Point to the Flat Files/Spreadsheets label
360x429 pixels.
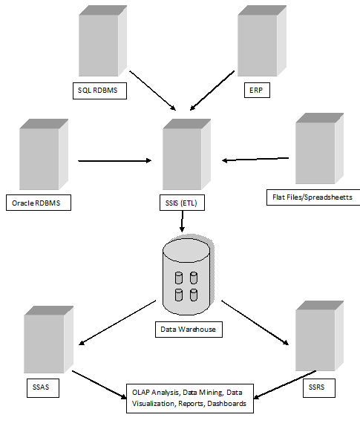pos(312,197)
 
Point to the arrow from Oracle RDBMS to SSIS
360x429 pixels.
pos(115,160)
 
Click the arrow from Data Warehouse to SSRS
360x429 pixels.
pos(255,321)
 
